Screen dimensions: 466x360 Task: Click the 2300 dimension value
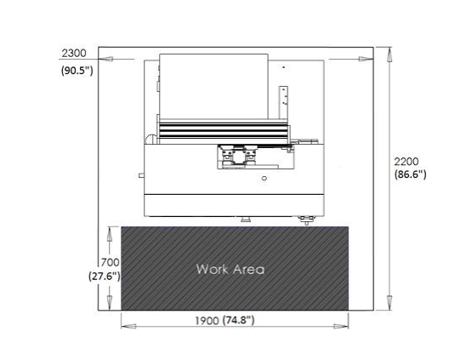coord(74,54)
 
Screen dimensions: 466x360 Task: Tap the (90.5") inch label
coord(77,71)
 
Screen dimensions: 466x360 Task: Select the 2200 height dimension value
coord(406,162)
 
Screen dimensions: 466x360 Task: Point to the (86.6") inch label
coord(410,174)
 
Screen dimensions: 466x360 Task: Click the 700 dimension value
coord(110,262)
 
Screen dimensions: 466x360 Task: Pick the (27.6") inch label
coord(105,277)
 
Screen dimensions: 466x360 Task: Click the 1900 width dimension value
coord(207,321)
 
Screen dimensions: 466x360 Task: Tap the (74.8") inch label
coord(238,321)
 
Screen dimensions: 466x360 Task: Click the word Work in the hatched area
coord(213,269)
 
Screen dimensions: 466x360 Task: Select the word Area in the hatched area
coord(249,270)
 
